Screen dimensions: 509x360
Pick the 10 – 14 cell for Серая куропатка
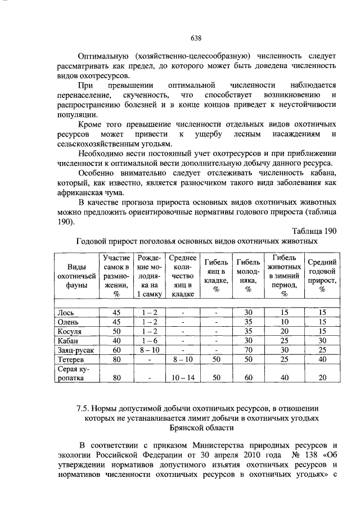tap(182, 379)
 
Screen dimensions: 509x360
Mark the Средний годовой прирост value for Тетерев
tap(322, 359)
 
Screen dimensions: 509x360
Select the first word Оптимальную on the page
tap(103, 56)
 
